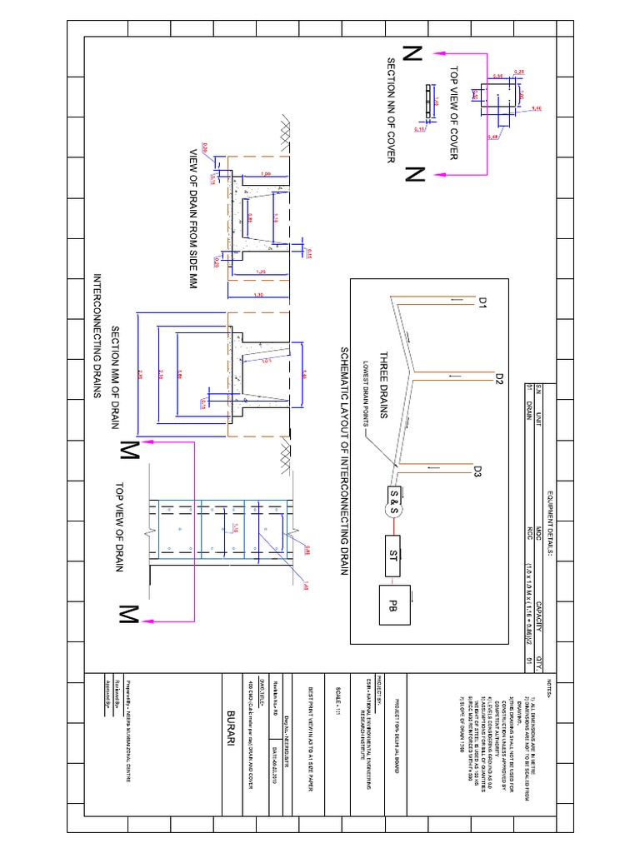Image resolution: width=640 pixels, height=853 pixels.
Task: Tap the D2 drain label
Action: [x=499, y=380]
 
